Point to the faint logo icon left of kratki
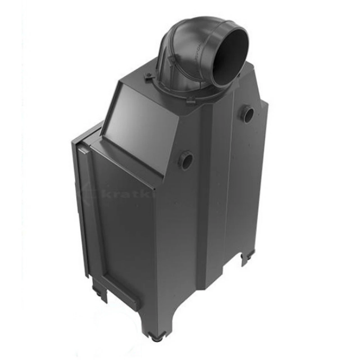pyautogui.click(x=91, y=192)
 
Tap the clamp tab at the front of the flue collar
pyautogui.click(x=190, y=100)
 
